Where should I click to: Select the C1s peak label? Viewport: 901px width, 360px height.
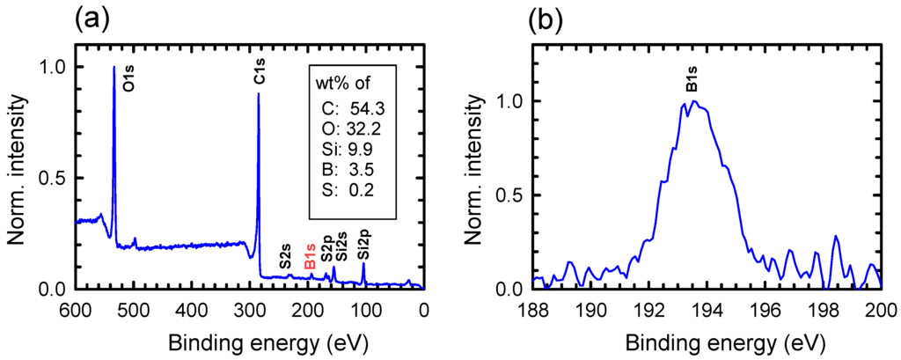click(260, 76)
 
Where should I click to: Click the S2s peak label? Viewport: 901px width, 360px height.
click(286, 256)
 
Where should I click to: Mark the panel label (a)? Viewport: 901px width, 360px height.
click(92, 18)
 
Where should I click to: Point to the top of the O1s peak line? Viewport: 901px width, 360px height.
click(114, 67)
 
